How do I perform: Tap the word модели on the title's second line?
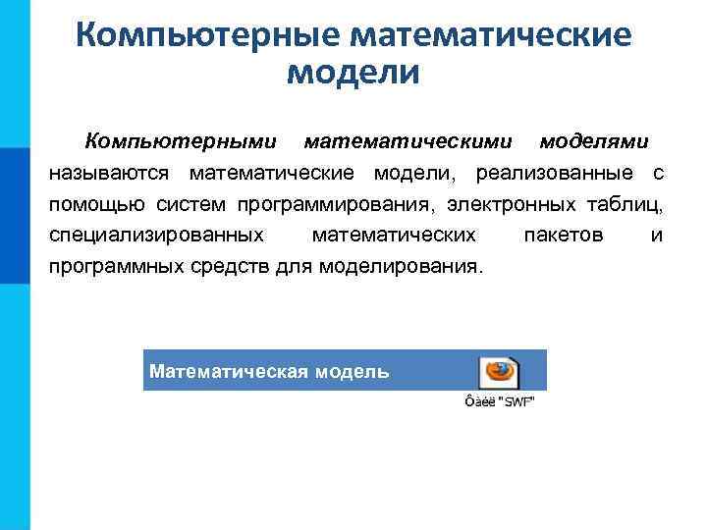coord(353,74)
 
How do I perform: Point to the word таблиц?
coord(630,204)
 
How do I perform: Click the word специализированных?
coord(156,235)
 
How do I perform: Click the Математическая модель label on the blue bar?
coord(269,371)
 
